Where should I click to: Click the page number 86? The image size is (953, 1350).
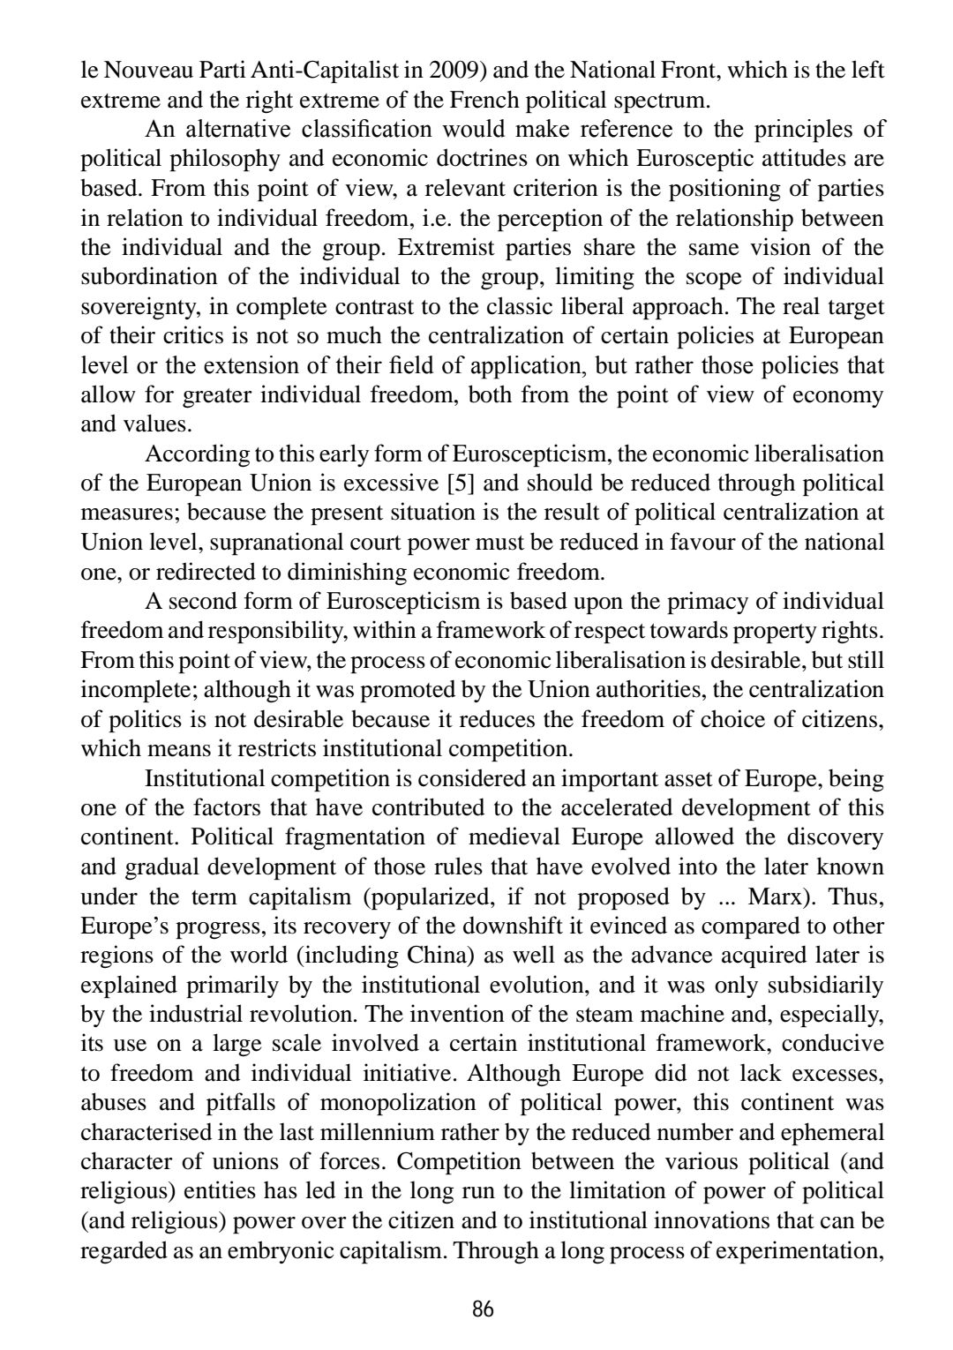(x=483, y=1308)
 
